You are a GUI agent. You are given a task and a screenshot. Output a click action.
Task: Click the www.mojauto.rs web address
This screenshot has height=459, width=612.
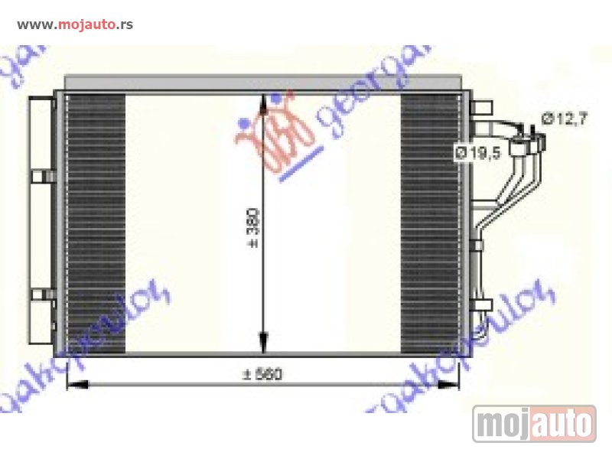(74, 24)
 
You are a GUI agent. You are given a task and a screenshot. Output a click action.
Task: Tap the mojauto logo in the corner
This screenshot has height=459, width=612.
(533, 423)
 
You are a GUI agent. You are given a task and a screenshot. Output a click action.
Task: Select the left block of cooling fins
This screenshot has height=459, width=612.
(96, 222)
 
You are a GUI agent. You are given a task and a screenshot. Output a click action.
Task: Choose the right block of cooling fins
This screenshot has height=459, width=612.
(431, 222)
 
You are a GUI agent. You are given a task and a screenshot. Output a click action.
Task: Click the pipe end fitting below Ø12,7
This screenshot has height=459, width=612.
(540, 139)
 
